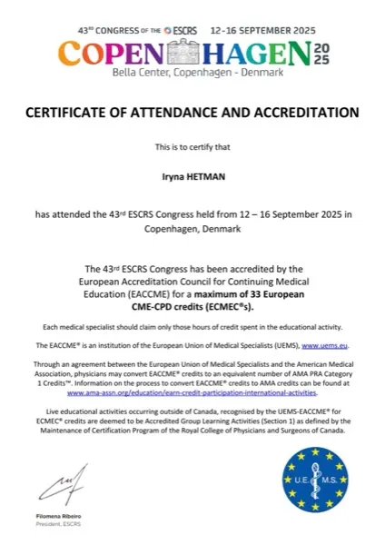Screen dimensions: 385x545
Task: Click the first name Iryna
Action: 171,181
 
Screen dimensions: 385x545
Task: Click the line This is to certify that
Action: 192,147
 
